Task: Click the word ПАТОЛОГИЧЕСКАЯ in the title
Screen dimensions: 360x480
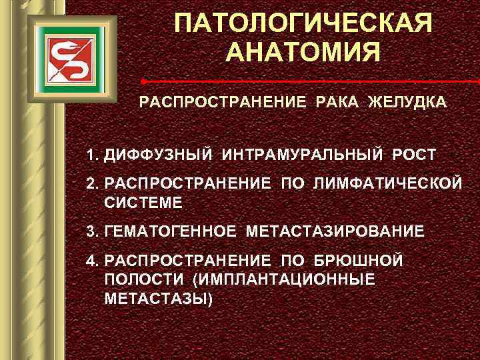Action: click(x=303, y=25)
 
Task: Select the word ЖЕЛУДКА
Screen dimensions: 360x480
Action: click(x=407, y=105)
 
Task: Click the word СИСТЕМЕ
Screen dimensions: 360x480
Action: click(x=143, y=201)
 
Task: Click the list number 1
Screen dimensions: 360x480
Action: click(x=91, y=155)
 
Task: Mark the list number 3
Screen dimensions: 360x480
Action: click(x=91, y=231)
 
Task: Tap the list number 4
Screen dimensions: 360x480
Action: click(x=91, y=261)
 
